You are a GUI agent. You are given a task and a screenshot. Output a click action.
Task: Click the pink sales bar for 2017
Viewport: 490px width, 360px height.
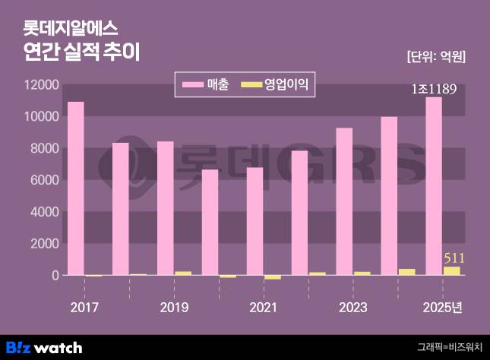point(76,188)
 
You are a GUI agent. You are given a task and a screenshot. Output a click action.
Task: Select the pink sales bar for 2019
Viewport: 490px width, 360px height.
point(165,208)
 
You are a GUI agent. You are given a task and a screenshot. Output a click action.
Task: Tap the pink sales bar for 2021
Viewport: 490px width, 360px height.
point(254,221)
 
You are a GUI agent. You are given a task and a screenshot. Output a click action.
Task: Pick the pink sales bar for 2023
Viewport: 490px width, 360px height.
point(344,201)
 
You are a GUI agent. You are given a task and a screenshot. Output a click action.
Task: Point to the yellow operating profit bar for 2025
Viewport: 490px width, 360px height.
point(451,270)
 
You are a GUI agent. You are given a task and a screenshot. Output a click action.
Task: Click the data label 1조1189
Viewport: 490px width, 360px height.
point(433,90)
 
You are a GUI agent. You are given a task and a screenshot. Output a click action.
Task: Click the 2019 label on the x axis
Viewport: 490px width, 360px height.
point(174,308)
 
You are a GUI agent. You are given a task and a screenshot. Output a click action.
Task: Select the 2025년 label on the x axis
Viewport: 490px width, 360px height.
point(442,308)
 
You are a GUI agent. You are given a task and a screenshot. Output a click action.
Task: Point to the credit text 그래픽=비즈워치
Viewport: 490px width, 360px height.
point(449,348)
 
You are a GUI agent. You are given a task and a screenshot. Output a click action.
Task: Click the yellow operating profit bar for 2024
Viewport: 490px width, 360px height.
point(406,272)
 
